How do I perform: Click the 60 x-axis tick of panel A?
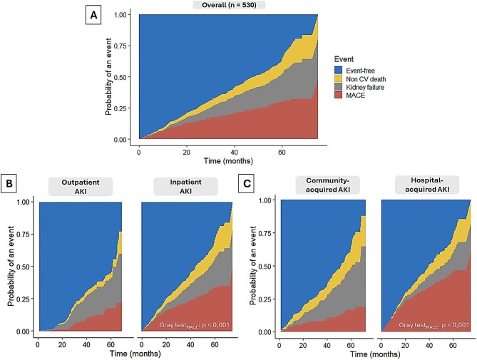click(282, 152)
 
